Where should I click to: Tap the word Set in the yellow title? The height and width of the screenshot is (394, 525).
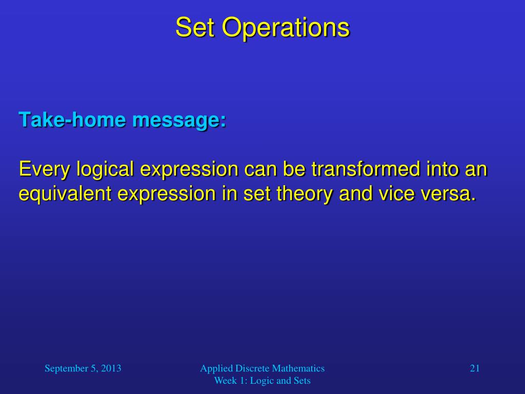[x=195, y=28]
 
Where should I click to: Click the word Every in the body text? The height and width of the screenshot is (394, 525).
[x=44, y=169]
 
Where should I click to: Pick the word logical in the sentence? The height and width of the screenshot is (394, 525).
[x=105, y=169]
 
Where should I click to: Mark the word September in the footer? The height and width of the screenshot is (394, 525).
[x=66, y=369]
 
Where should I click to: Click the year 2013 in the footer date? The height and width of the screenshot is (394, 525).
[x=111, y=368]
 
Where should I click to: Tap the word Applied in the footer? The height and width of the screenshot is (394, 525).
[x=216, y=369]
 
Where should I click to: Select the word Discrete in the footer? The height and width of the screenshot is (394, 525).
[x=252, y=368]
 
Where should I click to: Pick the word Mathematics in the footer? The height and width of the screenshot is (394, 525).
[x=298, y=368]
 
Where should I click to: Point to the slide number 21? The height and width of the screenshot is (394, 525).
[x=475, y=368]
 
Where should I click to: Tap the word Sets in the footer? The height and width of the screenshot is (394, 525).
[x=302, y=381]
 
